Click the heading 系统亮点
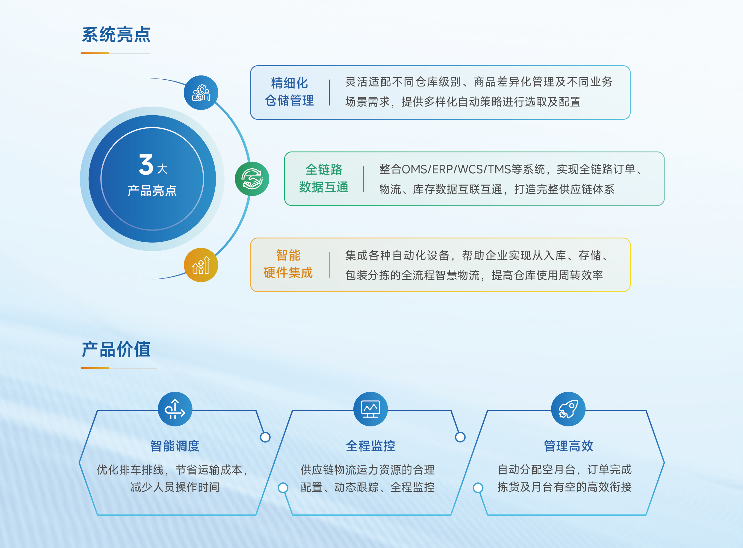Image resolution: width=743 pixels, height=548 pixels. (x=116, y=34)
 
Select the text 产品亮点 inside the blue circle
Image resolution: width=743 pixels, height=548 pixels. (x=152, y=191)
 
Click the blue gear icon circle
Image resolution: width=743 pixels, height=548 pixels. (x=201, y=93)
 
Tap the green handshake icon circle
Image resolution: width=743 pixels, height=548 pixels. (x=252, y=179)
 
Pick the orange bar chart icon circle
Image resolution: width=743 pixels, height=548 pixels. (x=201, y=265)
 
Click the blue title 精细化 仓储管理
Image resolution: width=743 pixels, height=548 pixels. (x=289, y=92)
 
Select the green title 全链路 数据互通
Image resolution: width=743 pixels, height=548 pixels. (x=324, y=178)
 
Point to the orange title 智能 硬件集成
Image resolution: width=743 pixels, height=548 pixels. (x=288, y=264)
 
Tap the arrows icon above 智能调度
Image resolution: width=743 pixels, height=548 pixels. (x=175, y=409)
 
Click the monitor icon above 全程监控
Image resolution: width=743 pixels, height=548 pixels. (x=370, y=409)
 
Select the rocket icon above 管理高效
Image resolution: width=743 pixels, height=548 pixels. (x=568, y=409)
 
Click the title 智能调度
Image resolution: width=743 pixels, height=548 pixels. (x=175, y=446)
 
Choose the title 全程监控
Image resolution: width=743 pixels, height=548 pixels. (x=370, y=446)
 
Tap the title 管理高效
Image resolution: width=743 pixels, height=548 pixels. (x=568, y=446)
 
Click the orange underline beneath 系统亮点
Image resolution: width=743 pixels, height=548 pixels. (x=95, y=53)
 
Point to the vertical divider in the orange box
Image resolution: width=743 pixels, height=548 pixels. (x=329, y=265)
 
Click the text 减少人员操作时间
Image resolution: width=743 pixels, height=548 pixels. (x=175, y=487)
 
